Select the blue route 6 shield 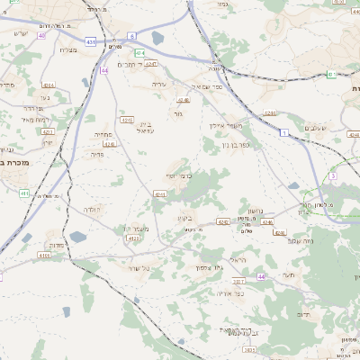(131, 35)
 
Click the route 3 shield (332, 176)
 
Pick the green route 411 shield (25, 193)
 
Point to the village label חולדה (92, 210)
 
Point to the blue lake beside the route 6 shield (158, 39)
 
